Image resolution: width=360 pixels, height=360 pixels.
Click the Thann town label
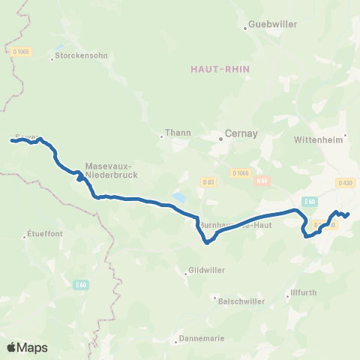[180, 133]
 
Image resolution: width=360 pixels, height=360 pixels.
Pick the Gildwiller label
[202, 269]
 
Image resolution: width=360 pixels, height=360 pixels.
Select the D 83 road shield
[208, 182]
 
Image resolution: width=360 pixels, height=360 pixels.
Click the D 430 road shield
[345, 182]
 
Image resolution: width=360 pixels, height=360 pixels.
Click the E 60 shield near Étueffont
[82, 284]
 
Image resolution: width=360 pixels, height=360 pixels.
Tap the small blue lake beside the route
[179, 198]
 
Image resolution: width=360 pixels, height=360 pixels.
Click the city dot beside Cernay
[221, 138]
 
